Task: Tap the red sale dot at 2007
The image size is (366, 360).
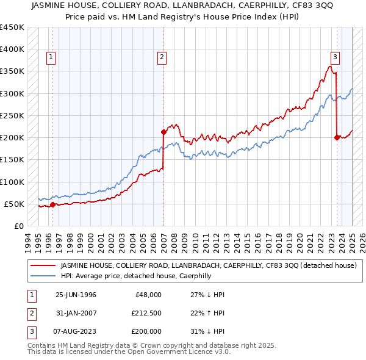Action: pyautogui.click(x=163, y=132)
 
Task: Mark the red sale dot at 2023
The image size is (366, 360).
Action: pyautogui.click(x=337, y=137)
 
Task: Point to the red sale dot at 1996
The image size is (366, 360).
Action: pyautogui.click(x=52, y=204)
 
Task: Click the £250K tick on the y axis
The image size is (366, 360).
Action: pyautogui.click(x=12, y=115)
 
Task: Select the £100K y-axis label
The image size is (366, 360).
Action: pyautogui.click(x=12, y=182)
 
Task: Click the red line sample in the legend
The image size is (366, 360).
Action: pyautogui.click(x=42, y=265)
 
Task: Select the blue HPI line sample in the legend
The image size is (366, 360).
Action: pyautogui.click(x=42, y=276)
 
